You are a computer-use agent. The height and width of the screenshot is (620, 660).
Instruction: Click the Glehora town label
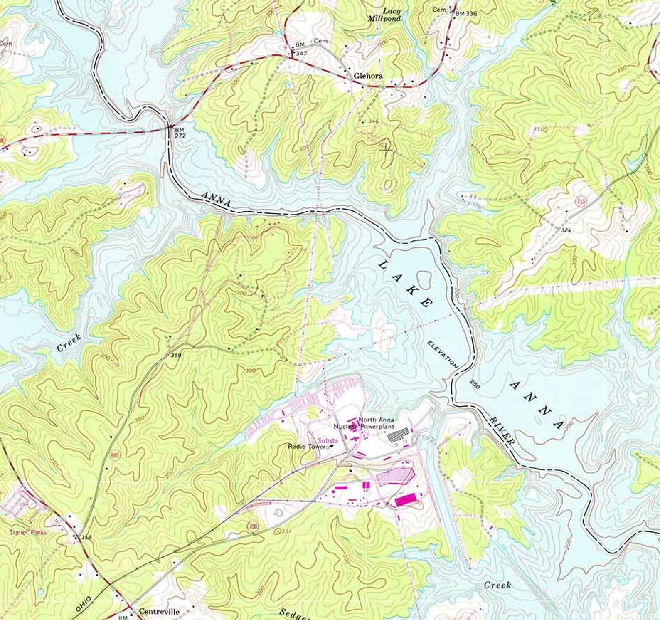point(368,76)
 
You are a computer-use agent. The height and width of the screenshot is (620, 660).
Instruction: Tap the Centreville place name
point(159,611)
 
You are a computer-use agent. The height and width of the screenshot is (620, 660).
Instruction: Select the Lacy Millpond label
point(384,15)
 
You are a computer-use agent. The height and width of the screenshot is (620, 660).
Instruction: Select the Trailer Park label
point(29,532)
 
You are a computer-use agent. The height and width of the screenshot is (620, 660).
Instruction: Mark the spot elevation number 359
point(176,356)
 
